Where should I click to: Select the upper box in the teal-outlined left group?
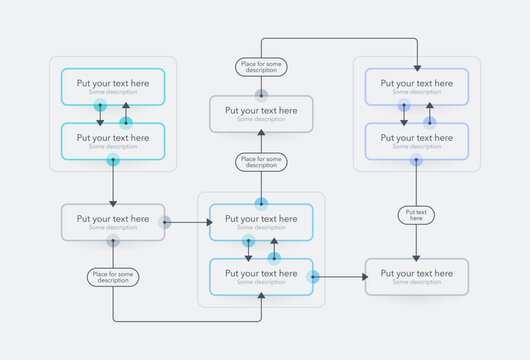pos(113,87)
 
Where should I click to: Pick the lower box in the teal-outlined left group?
pos(113,141)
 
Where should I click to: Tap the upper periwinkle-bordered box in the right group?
pos(416,87)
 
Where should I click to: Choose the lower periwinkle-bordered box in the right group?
pos(416,141)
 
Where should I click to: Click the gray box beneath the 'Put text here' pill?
pos(416,276)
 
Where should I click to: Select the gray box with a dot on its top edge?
pos(261,114)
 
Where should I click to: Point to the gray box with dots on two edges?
pos(113,222)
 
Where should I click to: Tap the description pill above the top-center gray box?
pos(261,67)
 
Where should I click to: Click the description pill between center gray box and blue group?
pos(261,161)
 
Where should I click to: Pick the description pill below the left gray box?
pos(113,278)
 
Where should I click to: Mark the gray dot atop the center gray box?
pos(261,96)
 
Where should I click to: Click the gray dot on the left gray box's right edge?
pos(165,222)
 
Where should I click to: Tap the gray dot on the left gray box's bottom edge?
pos(113,241)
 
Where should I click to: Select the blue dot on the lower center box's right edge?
pos(313,276)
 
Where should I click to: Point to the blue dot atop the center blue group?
pos(261,204)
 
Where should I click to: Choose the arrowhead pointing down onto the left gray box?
pos(113,200)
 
